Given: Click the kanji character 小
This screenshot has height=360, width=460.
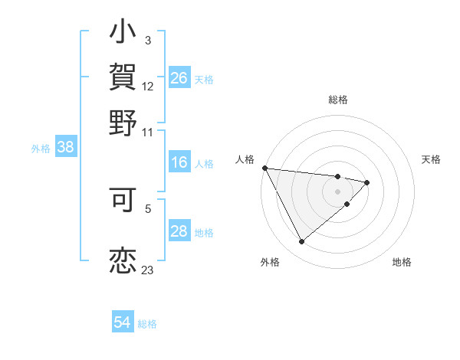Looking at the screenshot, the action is click(123, 34).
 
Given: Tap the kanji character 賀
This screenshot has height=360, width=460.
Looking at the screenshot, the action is click(123, 77).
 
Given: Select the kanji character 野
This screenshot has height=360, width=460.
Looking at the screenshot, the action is click(123, 122).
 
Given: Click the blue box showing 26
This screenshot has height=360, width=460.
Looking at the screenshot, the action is click(179, 78).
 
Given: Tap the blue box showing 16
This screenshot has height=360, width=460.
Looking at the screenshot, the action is click(179, 162).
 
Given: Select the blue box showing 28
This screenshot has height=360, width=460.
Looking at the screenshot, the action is click(179, 231).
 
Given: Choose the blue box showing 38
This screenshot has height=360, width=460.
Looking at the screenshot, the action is click(65, 148).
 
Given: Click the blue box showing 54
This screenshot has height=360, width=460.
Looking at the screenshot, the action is click(123, 322).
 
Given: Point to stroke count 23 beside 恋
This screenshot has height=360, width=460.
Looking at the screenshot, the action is click(147, 270).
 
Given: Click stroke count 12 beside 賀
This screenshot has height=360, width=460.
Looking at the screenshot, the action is click(148, 87).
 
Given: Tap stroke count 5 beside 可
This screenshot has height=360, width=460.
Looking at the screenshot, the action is click(148, 207).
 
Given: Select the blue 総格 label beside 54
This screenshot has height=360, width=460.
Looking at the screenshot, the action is click(147, 324).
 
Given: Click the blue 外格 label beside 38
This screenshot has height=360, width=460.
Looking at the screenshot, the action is click(40, 149).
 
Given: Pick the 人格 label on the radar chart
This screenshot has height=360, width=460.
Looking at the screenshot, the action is click(245, 159).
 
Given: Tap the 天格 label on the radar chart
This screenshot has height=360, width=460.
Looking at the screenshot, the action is click(431, 159).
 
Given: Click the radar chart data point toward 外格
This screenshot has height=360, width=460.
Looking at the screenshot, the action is click(301, 242).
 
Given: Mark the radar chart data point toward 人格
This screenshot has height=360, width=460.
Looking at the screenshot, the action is click(264, 168).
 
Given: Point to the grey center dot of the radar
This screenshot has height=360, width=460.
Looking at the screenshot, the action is click(337, 191).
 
